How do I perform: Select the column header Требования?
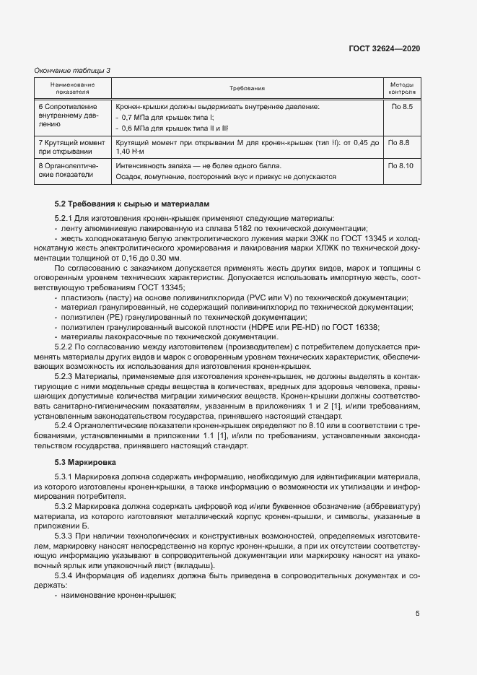point(248,89)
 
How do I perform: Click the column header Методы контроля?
point(402,89)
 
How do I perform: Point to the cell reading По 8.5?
point(402,107)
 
